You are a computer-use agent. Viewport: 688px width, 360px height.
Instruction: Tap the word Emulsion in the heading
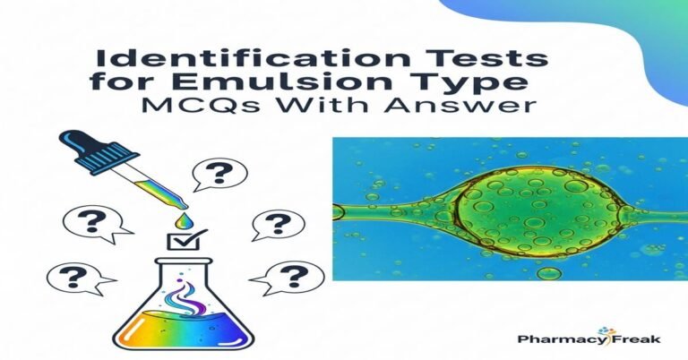pos(284,82)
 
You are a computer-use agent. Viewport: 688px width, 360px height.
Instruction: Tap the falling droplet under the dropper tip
pos(182,219)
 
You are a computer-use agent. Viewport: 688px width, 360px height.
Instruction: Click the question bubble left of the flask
pos(73,276)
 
